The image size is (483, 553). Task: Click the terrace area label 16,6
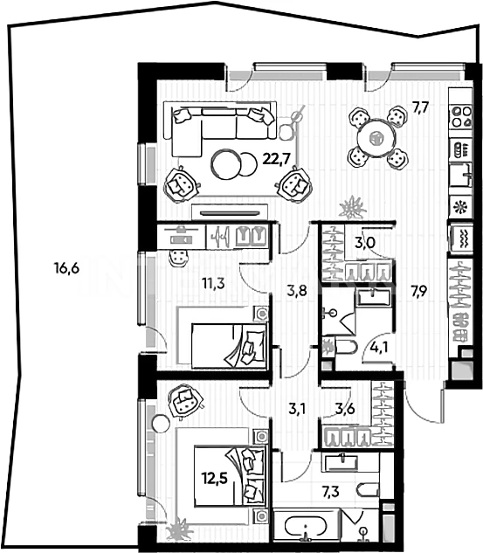pos(66,268)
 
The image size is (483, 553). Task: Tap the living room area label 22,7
pos(276,159)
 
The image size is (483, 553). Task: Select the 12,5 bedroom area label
pos(215,479)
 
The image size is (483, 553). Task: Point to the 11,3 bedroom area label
pos(213,283)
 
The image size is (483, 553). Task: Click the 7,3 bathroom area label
pos(331,491)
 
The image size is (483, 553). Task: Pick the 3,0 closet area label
pos(365,243)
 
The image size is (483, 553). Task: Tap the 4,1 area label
pos(379,348)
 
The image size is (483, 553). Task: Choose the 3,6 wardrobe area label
pos(345,409)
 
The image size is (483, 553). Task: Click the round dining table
pos(376,138)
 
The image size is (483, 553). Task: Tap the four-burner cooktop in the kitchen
pos(461,117)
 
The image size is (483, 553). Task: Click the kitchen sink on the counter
pos(461,175)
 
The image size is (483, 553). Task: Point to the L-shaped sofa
pos(219,128)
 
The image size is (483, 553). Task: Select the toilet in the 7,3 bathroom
pos(368,491)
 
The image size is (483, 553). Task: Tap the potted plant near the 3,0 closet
pos(352,208)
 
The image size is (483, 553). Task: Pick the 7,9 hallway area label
pos(419,291)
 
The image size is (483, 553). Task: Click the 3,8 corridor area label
pos(297,291)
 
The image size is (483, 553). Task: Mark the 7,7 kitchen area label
pos(421,107)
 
